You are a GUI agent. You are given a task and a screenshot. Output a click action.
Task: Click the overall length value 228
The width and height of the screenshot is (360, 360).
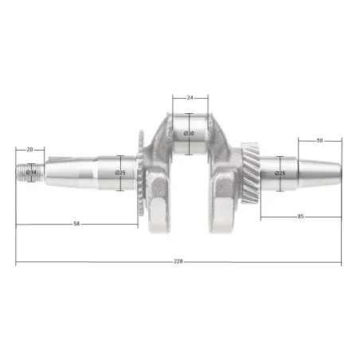point(178,261)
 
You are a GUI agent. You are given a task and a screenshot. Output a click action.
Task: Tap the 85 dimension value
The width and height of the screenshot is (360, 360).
point(300,217)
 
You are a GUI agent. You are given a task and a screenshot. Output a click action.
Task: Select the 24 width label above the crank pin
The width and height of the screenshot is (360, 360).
point(190,98)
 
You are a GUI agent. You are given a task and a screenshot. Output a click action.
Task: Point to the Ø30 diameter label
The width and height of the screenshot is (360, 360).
point(189,133)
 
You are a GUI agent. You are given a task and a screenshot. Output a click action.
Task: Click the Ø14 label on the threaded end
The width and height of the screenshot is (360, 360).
point(31,172)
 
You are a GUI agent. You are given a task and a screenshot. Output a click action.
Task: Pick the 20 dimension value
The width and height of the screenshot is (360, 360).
point(29,150)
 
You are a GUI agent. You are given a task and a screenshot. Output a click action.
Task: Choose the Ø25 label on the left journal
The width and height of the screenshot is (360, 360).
point(120,173)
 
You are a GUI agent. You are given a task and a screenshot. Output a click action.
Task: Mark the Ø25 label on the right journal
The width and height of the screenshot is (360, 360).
point(280,173)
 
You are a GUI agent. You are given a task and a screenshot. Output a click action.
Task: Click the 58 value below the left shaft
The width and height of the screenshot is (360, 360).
point(76,224)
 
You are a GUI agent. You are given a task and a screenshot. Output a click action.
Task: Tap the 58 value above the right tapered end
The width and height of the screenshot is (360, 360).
point(319,140)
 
